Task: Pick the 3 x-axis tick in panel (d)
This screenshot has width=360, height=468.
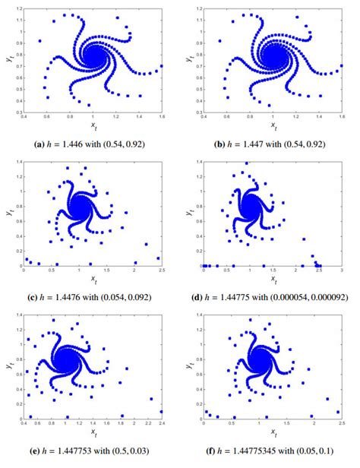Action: point(342,270)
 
